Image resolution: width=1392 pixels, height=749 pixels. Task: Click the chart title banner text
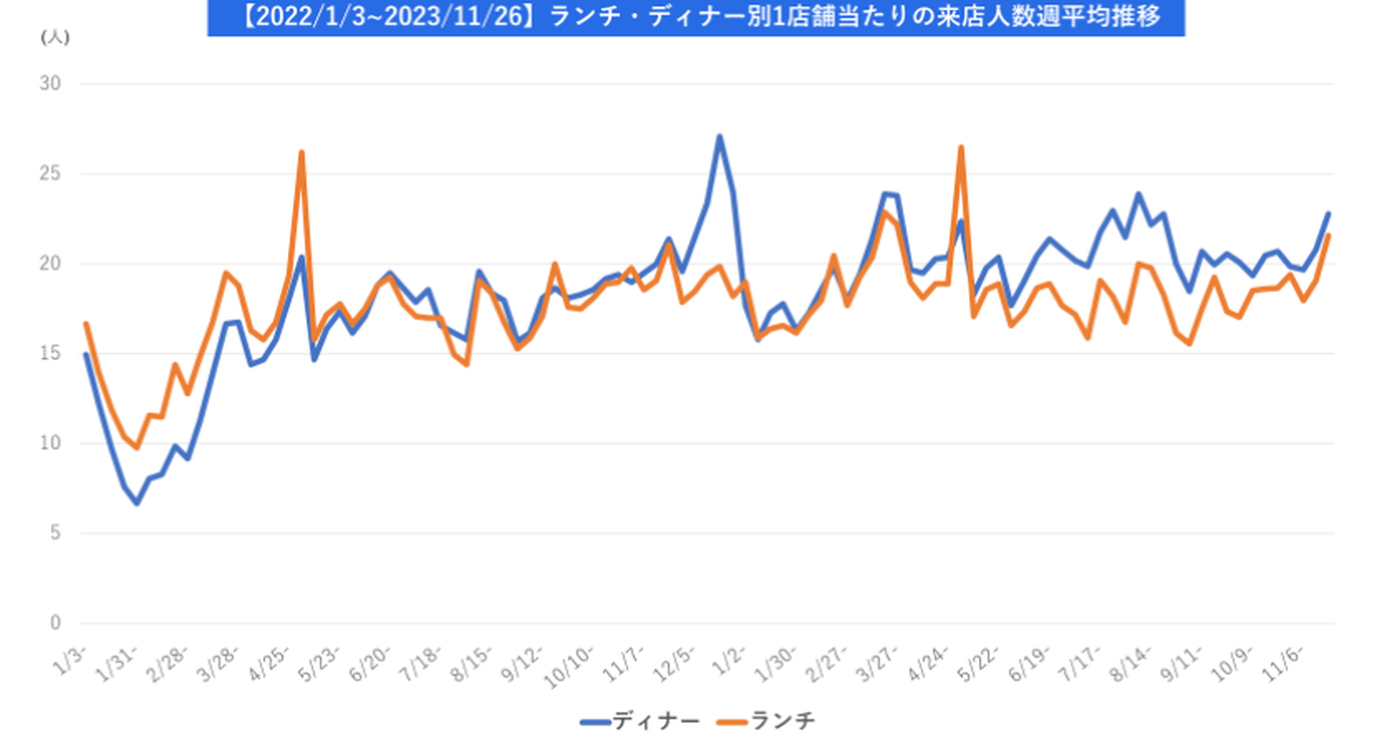(695, 17)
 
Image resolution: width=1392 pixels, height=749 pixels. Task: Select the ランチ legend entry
(769, 722)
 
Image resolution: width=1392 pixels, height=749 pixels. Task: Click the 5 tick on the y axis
(55, 533)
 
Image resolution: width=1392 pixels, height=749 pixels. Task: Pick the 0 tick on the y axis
(55, 623)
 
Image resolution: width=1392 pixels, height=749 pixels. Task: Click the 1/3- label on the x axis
(72, 655)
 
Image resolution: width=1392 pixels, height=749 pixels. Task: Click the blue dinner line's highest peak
(719, 136)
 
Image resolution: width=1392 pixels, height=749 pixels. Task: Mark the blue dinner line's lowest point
(137, 504)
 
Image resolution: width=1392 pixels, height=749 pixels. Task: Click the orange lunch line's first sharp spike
(302, 152)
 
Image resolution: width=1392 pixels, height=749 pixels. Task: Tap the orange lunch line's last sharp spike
(961, 147)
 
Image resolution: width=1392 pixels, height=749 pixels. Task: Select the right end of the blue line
(1328, 214)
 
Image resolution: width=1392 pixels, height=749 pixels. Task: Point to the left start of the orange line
(86, 324)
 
